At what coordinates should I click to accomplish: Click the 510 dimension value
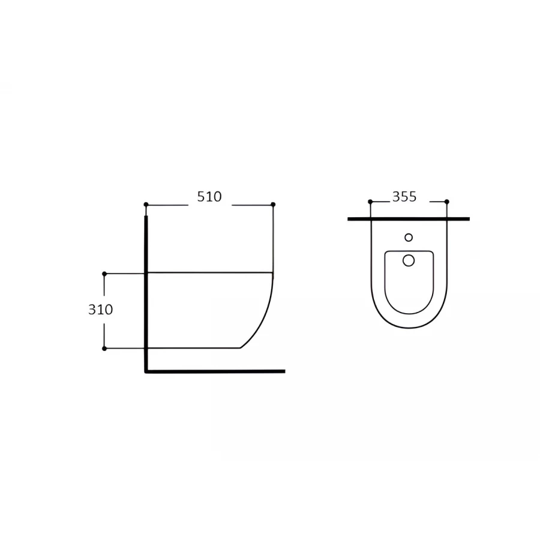(209, 197)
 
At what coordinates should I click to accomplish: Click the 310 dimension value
(101, 310)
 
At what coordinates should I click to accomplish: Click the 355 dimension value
(404, 197)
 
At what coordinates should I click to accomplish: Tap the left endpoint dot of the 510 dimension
(146, 205)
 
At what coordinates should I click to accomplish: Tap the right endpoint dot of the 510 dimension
(273, 205)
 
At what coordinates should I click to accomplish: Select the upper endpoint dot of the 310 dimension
(104, 274)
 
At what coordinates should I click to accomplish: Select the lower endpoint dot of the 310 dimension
(104, 349)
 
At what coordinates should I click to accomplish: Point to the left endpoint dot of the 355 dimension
(370, 202)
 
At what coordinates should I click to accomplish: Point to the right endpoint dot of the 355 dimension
(446, 202)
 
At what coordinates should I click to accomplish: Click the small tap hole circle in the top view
(409, 237)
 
